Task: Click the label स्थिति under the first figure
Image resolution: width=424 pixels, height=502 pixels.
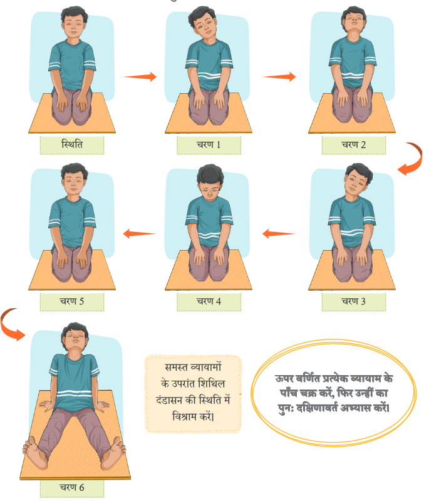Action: (72, 144)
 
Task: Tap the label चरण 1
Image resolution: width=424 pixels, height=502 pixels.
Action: (209, 144)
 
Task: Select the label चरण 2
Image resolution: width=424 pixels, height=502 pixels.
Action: (353, 144)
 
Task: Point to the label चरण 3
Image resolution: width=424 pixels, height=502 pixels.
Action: (353, 301)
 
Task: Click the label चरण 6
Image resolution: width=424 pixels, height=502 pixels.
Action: (72, 487)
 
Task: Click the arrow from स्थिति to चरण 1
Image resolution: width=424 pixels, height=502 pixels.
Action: (140, 76)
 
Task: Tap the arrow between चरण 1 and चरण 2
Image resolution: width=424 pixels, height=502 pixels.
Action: (279, 76)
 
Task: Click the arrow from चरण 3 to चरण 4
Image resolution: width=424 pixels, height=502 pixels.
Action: (279, 233)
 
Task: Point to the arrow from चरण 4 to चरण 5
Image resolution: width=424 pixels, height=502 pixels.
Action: (140, 233)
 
